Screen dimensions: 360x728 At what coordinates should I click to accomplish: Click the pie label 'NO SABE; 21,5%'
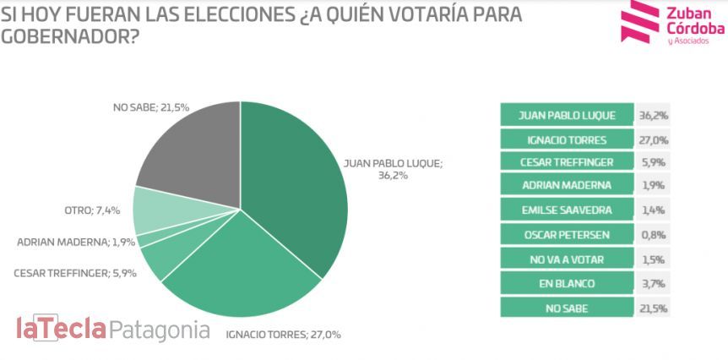[x=151, y=108]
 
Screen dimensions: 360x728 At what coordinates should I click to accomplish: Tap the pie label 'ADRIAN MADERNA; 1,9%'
[x=73, y=243]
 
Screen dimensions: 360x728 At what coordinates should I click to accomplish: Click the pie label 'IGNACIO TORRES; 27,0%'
[x=283, y=335]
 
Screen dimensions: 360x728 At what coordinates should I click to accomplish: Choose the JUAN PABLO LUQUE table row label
[x=567, y=115]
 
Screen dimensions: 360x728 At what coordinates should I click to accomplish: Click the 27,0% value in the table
[x=653, y=139]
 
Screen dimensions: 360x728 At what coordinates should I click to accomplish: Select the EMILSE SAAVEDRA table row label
[x=567, y=210]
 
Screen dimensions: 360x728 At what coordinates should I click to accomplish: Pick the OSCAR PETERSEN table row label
[x=567, y=234]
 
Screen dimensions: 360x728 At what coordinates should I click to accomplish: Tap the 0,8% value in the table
[x=653, y=234]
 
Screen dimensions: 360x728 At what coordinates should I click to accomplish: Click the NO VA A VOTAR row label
[x=567, y=259]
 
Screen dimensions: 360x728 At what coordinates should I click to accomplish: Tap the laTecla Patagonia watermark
[x=112, y=330]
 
